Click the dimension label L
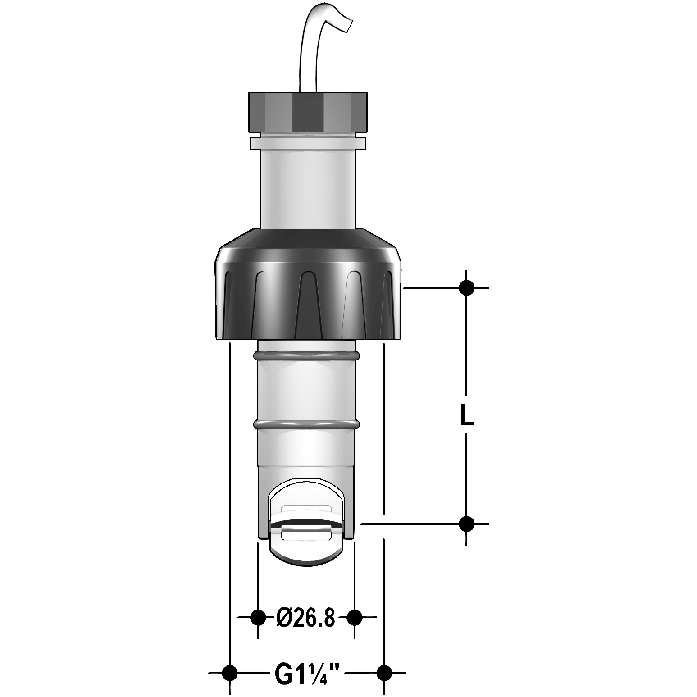467,415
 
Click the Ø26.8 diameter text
306,618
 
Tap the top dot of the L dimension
467,287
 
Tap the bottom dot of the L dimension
467,524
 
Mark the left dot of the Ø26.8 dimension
258,617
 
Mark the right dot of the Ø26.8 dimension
355,617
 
